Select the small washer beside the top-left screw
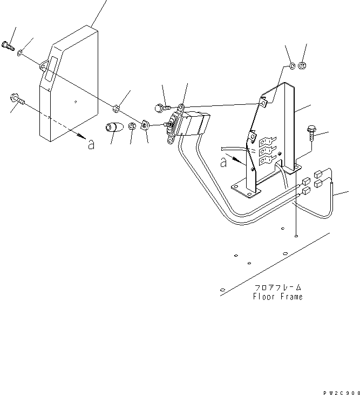[x=21, y=53]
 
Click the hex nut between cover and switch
[x=116, y=107]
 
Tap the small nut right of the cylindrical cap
[x=132, y=127]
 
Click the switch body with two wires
[x=189, y=125]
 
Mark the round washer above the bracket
[x=291, y=66]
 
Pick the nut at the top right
[x=303, y=66]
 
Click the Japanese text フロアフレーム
[x=278, y=288]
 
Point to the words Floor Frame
[x=278, y=297]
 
